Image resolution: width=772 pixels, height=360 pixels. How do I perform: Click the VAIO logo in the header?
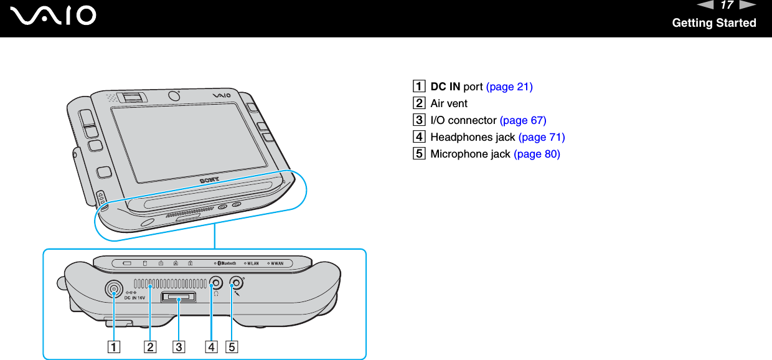click(x=57, y=15)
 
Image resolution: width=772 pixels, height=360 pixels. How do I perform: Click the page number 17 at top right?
click(x=726, y=6)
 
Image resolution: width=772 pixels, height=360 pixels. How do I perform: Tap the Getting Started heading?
click(x=713, y=23)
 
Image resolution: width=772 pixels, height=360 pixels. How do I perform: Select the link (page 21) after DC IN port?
click(x=509, y=87)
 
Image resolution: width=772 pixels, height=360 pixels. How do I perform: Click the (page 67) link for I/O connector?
click(x=523, y=120)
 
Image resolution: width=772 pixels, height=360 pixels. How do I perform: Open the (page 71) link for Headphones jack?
click(x=542, y=137)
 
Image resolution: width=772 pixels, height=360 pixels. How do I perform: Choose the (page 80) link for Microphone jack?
click(x=537, y=154)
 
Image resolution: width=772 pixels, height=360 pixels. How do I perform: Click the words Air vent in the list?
click(x=449, y=103)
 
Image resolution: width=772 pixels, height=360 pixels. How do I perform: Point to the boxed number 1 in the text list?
click(x=423, y=87)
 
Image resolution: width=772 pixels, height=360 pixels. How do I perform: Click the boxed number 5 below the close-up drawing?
click(x=232, y=346)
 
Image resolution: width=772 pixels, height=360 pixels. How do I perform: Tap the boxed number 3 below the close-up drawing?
click(x=179, y=346)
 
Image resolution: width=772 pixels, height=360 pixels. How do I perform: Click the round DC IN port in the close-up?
click(x=113, y=289)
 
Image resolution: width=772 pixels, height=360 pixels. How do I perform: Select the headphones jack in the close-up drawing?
click(x=215, y=283)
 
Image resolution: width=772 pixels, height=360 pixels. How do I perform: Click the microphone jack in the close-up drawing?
click(x=236, y=283)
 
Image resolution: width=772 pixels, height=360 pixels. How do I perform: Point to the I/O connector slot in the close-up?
click(x=178, y=298)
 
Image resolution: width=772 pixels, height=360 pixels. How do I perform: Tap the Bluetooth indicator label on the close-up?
click(x=226, y=263)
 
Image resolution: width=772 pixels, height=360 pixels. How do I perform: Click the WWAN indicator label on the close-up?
click(x=276, y=263)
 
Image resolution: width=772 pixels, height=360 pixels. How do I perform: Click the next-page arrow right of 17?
click(x=747, y=6)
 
